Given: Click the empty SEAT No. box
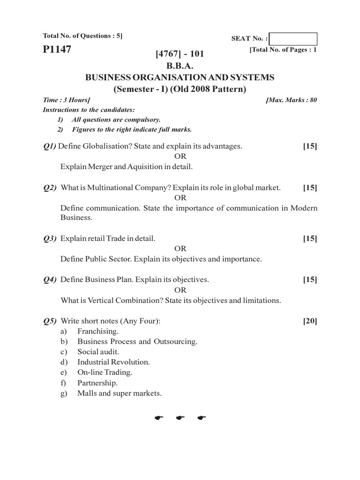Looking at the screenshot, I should click(293, 39).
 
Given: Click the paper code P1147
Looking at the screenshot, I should click(57, 49).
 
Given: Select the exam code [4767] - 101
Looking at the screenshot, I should click(180, 55).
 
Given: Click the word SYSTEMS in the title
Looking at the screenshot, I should click(253, 77).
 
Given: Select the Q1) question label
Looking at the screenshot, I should click(49, 146).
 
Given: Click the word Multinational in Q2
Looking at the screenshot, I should click(115, 187).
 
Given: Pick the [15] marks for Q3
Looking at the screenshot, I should click(310, 239).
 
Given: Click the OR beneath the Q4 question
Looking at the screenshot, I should click(180, 290).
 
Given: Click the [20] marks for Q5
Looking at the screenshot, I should click(310, 321).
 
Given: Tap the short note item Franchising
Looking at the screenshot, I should click(98, 331).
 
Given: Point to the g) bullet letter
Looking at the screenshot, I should click(64, 393).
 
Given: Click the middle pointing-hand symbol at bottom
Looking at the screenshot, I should click(180, 417).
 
